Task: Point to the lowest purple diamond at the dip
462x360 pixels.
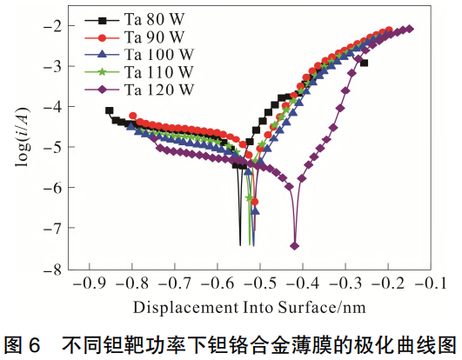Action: click(x=295, y=245)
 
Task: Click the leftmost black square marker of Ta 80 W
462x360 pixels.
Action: click(x=109, y=110)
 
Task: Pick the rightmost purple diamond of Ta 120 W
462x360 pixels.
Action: click(x=410, y=29)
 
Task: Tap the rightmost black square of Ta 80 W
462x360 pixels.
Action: click(x=364, y=63)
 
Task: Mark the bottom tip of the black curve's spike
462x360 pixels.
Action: click(x=240, y=245)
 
